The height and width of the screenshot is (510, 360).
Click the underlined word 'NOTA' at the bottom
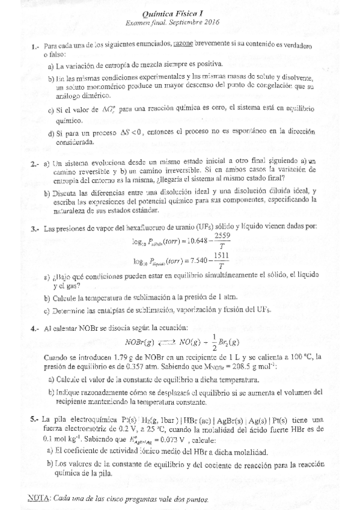pos(39,499)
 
